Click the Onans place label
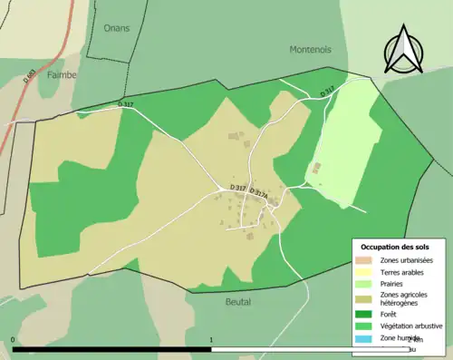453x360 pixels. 116,28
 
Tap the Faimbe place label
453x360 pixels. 62,74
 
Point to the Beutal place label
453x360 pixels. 237,301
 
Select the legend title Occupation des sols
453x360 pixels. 396,247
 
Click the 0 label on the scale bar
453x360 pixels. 13,340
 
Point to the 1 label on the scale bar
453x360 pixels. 211,340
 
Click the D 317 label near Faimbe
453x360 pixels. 126,105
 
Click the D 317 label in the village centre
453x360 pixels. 238,188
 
